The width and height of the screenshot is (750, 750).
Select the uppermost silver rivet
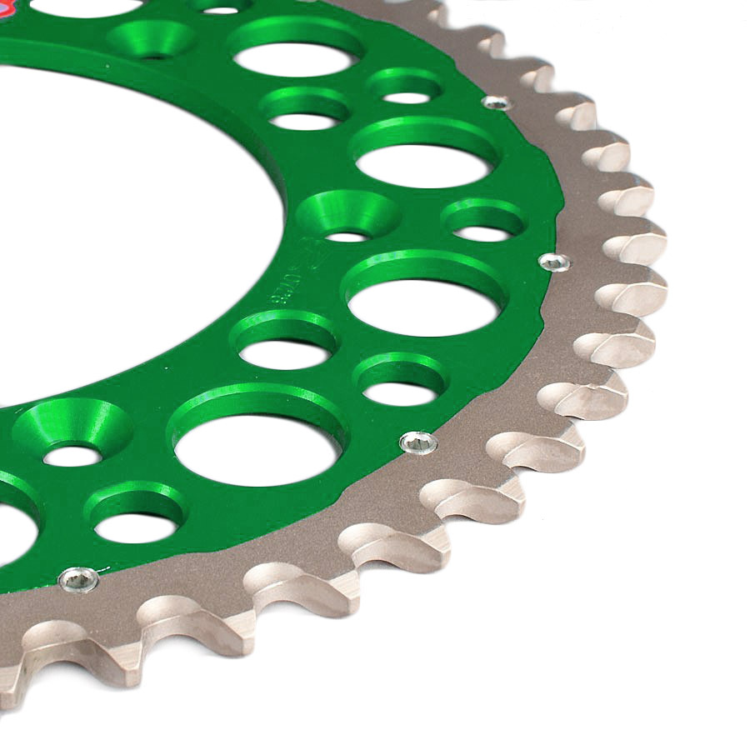496,102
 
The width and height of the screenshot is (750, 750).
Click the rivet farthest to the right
554,262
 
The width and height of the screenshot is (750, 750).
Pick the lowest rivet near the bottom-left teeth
79,577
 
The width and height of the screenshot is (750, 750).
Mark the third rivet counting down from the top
418,442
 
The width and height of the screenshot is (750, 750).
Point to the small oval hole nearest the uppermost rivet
407,89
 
